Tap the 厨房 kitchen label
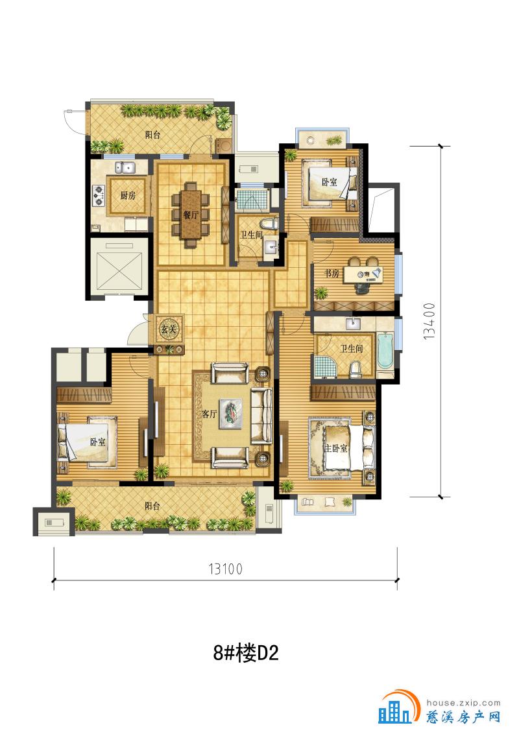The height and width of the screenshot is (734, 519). (127, 195)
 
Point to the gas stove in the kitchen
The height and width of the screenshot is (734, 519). (99, 196)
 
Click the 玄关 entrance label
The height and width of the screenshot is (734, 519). (169, 329)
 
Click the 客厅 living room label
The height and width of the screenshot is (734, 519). (209, 414)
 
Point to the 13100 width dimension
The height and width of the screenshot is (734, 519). (225, 569)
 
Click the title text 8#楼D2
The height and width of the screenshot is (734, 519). (245, 652)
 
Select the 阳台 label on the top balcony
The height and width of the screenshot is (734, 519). (152, 136)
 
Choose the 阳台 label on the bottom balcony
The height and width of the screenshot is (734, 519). (152, 506)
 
